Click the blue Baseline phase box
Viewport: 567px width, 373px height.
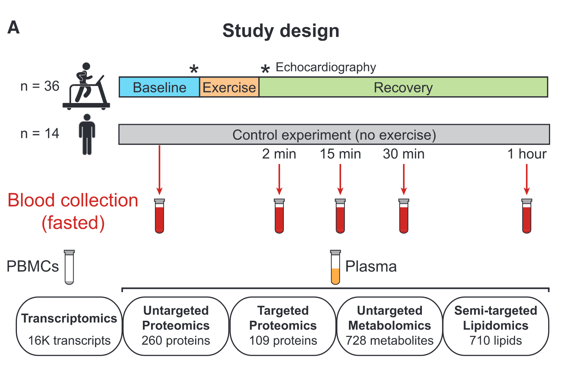(x=159, y=87)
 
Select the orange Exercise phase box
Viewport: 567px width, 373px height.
(x=229, y=87)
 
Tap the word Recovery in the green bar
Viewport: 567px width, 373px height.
(x=403, y=88)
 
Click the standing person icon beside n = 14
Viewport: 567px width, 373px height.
(x=87, y=134)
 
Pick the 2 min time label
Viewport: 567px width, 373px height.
(x=279, y=154)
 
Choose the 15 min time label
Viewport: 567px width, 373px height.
(x=340, y=154)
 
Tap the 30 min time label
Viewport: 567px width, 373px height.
(x=403, y=154)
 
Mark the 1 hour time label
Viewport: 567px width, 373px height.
(x=527, y=154)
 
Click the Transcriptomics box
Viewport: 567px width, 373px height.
(x=69, y=326)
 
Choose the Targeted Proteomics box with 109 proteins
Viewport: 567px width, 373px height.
(x=283, y=326)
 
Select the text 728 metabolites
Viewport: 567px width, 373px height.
(x=390, y=341)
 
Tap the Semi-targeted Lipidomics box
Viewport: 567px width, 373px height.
(x=496, y=326)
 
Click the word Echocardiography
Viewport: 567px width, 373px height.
(x=326, y=67)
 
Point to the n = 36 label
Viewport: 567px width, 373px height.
(x=40, y=86)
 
